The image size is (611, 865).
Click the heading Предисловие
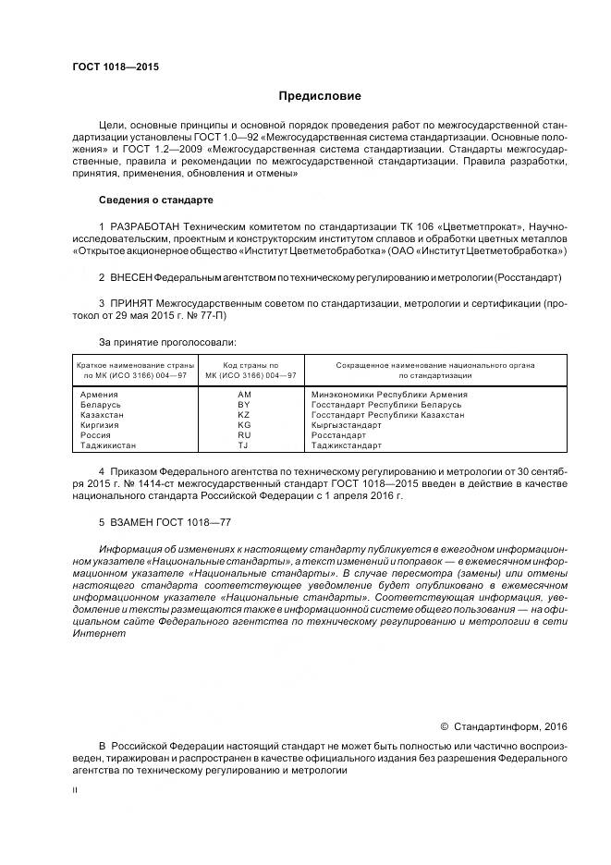pos(320,96)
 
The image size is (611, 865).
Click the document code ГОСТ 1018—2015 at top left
pos(115,67)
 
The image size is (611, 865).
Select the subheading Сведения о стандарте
pos(155,200)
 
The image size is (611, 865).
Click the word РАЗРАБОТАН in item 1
pos(146,226)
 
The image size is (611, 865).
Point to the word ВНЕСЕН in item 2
pos(130,277)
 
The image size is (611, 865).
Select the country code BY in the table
pos(244,405)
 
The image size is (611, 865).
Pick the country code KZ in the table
pos(244,415)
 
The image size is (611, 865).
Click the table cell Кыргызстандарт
pos(347,425)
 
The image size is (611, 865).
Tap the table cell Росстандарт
pos(338,435)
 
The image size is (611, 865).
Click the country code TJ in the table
pos(244,445)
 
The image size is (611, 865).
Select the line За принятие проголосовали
pos(167,343)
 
